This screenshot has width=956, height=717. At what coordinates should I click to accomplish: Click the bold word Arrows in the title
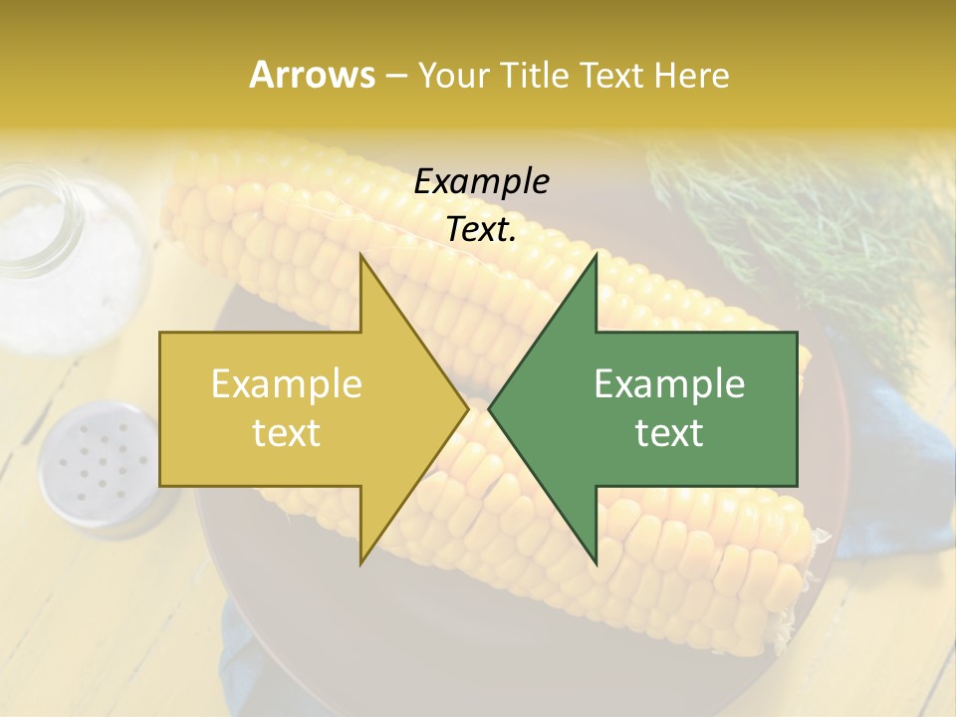(x=312, y=75)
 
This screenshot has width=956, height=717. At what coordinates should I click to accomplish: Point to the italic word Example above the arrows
(x=481, y=182)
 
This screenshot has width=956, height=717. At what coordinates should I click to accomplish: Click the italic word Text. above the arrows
(x=481, y=230)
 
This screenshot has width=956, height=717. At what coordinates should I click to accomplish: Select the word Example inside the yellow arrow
(x=286, y=384)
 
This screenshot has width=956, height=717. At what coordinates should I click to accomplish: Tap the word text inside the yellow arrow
(x=286, y=433)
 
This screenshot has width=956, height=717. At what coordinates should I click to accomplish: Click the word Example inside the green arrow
(x=669, y=384)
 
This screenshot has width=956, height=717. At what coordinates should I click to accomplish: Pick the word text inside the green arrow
(x=669, y=433)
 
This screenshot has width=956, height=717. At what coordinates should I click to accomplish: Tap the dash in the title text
(x=395, y=77)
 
